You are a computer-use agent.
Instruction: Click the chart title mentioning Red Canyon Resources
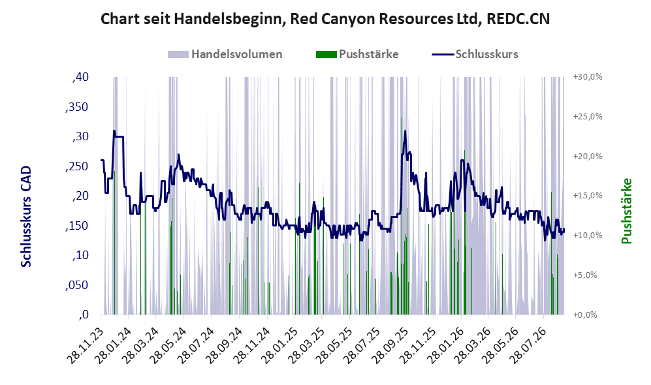pyautogui.click(x=325, y=19)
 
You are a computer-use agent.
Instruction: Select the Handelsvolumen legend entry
pyautogui.click(x=225, y=54)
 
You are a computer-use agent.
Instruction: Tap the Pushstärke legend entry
pyautogui.click(x=357, y=54)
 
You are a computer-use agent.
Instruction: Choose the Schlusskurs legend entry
pyautogui.click(x=475, y=54)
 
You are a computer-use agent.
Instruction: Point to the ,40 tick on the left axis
pyautogui.click(x=80, y=77)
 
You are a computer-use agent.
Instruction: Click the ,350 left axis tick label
pyautogui.click(x=77, y=107)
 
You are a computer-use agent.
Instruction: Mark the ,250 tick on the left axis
pyautogui.click(x=77, y=166)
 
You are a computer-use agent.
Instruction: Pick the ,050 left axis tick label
pyautogui.click(x=77, y=285)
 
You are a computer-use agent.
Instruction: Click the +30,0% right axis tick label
pyautogui.click(x=588, y=77)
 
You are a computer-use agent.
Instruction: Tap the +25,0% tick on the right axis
pyautogui.click(x=588, y=117)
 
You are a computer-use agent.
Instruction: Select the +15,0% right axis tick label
pyautogui.click(x=588, y=195)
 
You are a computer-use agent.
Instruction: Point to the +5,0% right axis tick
pyautogui.click(x=585, y=275)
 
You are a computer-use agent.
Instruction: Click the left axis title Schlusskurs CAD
pyautogui.click(x=26, y=216)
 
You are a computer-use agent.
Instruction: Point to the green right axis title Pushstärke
pyautogui.click(x=626, y=211)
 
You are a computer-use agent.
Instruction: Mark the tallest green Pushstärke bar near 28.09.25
pyautogui.click(x=402, y=216)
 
